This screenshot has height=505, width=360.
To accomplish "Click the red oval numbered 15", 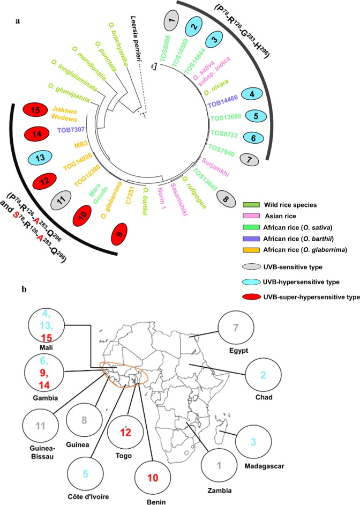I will point(37,112).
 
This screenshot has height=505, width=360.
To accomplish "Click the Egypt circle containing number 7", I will point(234,327).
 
